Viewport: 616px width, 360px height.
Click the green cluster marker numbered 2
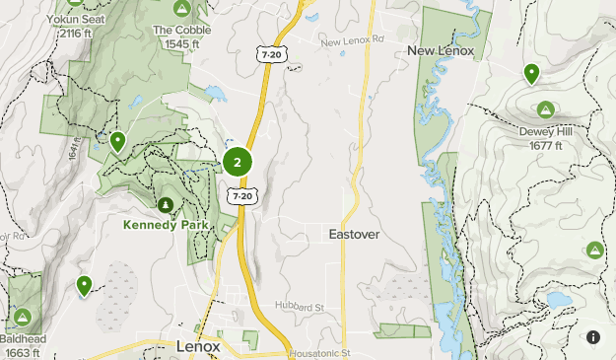click(x=238, y=162)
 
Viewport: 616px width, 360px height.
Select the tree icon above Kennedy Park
click(x=166, y=204)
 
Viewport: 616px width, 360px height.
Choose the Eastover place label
click(x=355, y=235)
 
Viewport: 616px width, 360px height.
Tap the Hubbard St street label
click(x=300, y=308)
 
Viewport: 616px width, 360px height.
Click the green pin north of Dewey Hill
click(x=531, y=72)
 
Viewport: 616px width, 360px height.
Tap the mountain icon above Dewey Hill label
click(x=544, y=108)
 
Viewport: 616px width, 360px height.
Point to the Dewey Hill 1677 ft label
click(x=544, y=138)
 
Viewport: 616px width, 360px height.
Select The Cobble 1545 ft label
click(x=180, y=36)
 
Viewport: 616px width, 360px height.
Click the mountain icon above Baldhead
click(x=22, y=318)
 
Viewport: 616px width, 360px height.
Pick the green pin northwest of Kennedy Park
click(x=117, y=142)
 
